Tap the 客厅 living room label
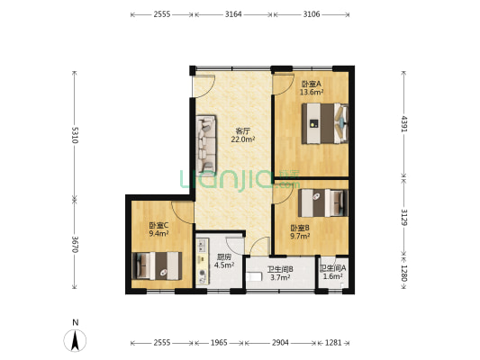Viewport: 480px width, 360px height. click(243, 131)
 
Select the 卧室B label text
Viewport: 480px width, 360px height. click(300, 228)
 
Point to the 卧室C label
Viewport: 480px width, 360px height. click(158, 226)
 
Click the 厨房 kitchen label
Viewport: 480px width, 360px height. click(223, 256)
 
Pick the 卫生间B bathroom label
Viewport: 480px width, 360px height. click(280, 269)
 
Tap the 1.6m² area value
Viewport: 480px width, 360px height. click(332, 276)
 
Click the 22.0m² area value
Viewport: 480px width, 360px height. click(243, 139)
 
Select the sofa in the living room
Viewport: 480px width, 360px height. click(206, 145)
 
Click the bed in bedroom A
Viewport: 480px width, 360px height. click(325, 123)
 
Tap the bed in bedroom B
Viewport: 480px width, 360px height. click(323, 203)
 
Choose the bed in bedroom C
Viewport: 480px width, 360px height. click(157, 265)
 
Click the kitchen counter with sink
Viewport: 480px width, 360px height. click(202, 262)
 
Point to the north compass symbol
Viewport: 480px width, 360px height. click(75, 340)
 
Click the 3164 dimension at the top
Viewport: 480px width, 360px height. click(233, 14)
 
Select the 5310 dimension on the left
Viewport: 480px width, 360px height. click(75, 135)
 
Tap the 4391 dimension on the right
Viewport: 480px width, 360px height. click(404, 124)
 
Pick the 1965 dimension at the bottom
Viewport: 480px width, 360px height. click(219, 343)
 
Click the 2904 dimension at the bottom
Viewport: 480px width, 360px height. click(280, 343)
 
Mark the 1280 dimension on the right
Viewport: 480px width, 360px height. click(404, 273)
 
